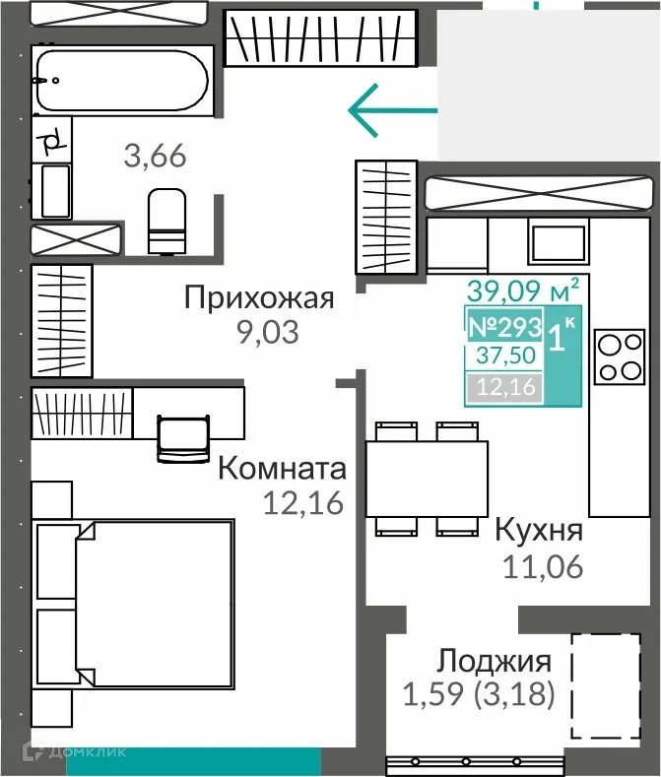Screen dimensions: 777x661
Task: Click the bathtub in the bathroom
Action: click(121, 80)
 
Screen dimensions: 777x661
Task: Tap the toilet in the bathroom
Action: click(165, 222)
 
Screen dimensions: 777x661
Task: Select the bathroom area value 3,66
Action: click(155, 156)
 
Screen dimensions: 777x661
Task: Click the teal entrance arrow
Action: click(392, 109)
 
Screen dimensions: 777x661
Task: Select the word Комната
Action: click(282, 467)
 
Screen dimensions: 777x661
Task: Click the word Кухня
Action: click(538, 531)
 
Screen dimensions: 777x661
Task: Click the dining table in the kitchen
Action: click(427, 478)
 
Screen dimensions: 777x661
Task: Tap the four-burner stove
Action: click(620, 357)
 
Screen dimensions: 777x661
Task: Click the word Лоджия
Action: click(494, 660)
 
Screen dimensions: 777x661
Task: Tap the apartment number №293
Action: click(502, 327)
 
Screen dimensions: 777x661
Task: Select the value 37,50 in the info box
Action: click(502, 356)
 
